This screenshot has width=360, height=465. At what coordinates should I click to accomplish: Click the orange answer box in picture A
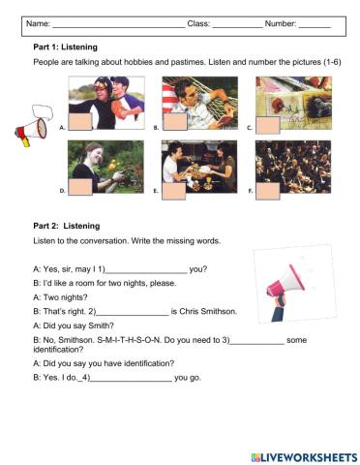click(x=80, y=121)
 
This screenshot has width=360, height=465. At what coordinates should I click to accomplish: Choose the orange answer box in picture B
click(x=173, y=122)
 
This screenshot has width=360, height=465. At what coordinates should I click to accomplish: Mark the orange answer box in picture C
click(x=267, y=123)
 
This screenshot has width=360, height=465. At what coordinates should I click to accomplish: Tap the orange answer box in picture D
click(x=80, y=186)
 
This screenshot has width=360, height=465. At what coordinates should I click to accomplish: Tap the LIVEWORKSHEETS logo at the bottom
click(x=303, y=455)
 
